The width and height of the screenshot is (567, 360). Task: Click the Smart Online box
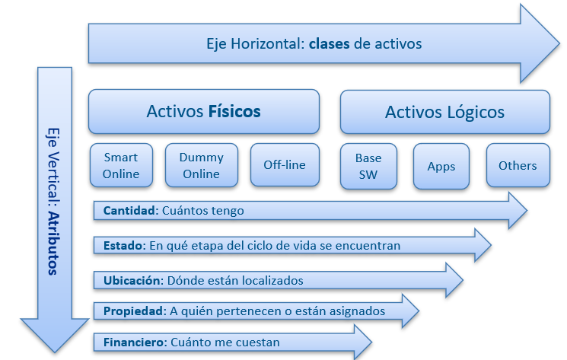(x=121, y=165)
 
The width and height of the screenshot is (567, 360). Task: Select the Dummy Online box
(x=201, y=165)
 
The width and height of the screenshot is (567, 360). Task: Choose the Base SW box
(x=368, y=165)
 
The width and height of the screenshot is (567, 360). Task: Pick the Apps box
(x=441, y=166)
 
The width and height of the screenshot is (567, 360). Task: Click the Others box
(x=518, y=165)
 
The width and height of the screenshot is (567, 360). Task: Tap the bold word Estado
(x=123, y=245)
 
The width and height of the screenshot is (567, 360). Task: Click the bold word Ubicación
(x=132, y=280)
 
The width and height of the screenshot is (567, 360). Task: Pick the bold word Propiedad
(x=134, y=311)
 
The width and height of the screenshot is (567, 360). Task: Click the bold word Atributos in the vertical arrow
(x=52, y=244)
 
